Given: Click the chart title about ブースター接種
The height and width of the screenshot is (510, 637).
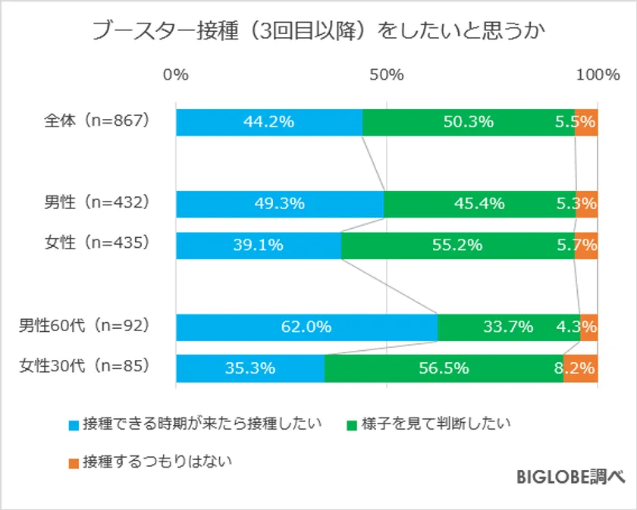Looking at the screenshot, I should [x=318, y=31].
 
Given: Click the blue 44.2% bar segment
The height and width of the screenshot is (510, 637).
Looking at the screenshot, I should [x=268, y=122].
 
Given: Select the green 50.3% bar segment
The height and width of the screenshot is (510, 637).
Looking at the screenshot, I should [x=468, y=122].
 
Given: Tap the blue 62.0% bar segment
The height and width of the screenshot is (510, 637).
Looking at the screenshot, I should [x=306, y=327].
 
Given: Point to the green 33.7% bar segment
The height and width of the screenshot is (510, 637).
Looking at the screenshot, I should [x=508, y=327].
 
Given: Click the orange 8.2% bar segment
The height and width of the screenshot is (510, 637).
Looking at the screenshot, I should [x=581, y=368].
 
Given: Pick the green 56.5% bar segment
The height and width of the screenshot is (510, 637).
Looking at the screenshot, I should [x=444, y=368].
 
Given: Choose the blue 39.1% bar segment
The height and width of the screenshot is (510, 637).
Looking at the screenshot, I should [x=258, y=245].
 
